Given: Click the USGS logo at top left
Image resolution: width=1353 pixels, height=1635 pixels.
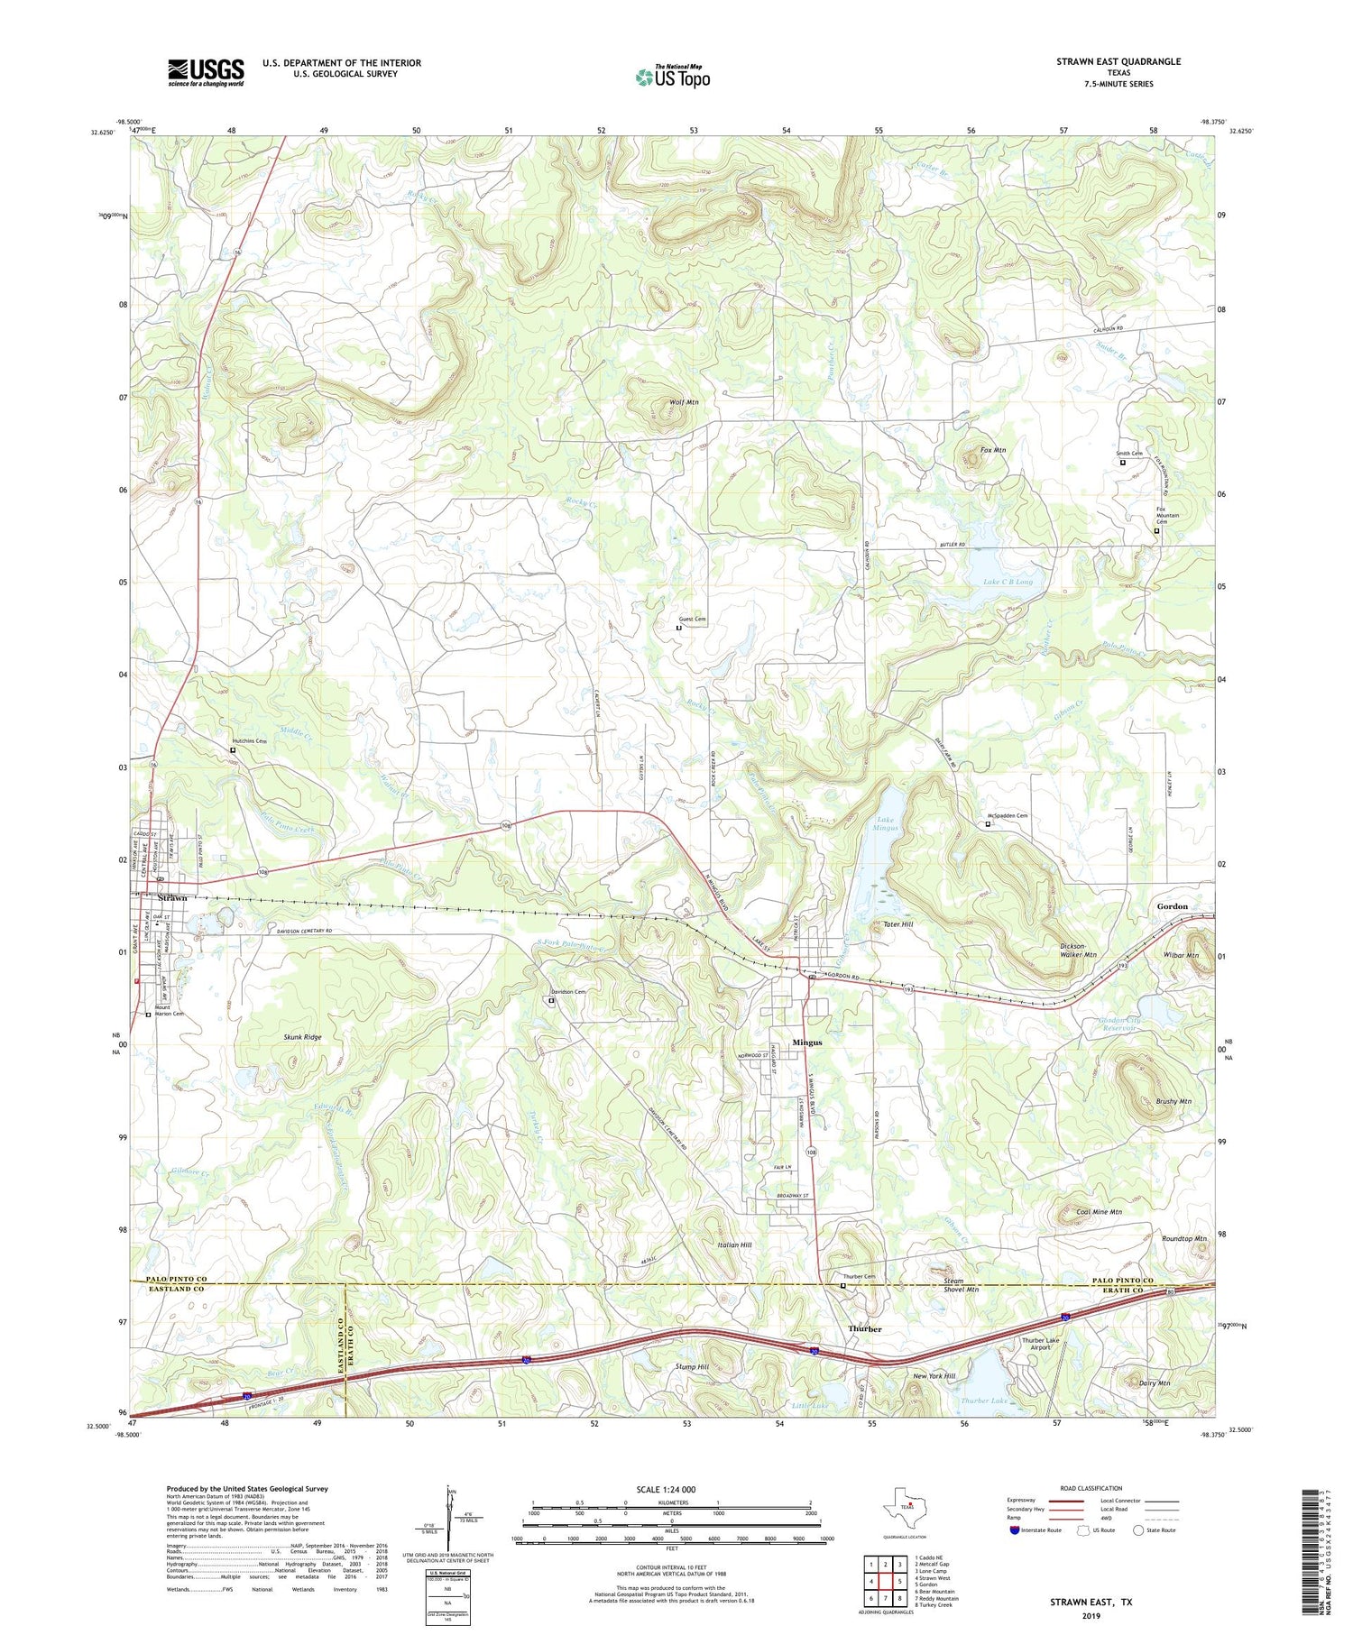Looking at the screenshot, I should (x=206, y=72).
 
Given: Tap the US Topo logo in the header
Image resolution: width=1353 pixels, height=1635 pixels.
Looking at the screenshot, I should (x=672, y=77).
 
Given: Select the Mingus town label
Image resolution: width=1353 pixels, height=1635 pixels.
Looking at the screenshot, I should (x=806, y=1043).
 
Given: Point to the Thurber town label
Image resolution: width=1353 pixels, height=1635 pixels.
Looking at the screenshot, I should (x=864, y=1329).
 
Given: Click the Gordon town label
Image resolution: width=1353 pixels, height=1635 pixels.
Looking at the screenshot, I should (x=1172, y=906).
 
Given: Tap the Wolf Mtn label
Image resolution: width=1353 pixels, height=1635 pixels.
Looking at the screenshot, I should (x=684, y=402).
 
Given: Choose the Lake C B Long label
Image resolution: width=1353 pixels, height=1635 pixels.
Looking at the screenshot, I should (x=1008, y=583).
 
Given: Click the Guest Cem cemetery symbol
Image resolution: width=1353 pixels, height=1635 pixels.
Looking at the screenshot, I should (x=678, y=628).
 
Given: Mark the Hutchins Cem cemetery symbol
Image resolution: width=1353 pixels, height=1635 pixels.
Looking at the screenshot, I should (x=233, y=749).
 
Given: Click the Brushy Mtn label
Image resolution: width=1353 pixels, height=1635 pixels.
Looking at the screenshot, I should (x=1173, y=1101).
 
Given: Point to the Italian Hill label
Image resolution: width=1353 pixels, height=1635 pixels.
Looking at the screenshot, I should (x=734, y=1245).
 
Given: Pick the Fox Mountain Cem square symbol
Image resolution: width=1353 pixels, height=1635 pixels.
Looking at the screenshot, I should (x=1156, y=531).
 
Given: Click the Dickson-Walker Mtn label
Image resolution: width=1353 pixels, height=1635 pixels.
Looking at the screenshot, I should (x=1077, y=950).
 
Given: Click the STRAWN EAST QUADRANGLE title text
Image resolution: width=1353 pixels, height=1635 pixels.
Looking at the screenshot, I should (x=1118, y=61).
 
